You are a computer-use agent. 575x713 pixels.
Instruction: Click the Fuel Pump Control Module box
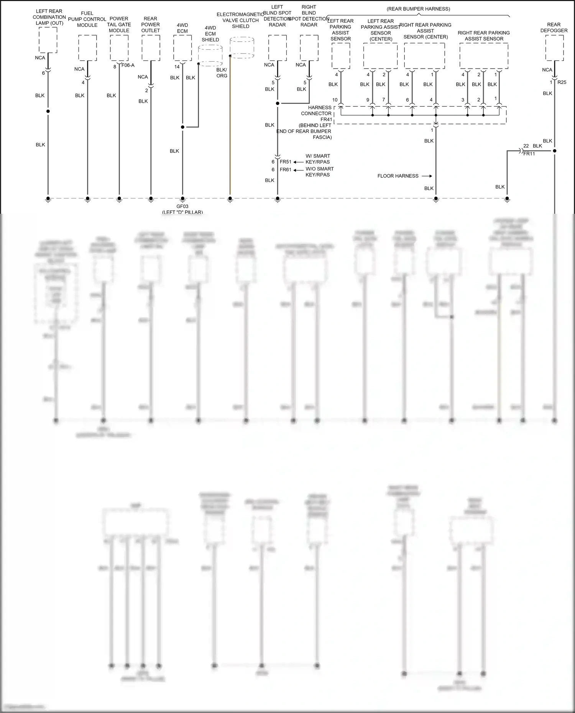click(x=87, y=48)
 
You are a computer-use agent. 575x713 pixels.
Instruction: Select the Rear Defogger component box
click(x=554, y=48)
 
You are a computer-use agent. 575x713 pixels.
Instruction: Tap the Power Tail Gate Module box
click(x=119, y=48)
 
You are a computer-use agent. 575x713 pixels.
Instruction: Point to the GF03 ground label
click(x=182, y=207)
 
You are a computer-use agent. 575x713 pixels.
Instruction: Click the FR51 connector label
click(x=286, y=162)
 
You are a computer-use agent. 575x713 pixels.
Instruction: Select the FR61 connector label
click(x=286, y=170)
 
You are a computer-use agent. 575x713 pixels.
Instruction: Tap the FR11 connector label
click(x=529, y=154)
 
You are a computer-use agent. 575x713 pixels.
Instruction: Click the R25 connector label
click(x=562, y=82)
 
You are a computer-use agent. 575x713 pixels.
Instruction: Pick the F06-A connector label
click(x=128, y=66)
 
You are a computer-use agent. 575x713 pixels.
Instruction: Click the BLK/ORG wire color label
click(x=222, y=73)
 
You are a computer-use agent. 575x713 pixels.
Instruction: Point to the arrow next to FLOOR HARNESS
click(x=427, y=176)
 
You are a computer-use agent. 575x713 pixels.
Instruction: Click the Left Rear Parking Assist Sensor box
click(x=341, y=56)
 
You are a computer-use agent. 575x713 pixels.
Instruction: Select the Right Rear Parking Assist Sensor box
click(x=484, y=56)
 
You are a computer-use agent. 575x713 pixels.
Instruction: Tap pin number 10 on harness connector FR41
click(x=335, y=100)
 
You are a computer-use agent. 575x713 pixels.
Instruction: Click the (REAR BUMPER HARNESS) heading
click(x=418, y=9)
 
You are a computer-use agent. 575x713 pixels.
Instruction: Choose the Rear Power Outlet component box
click(x=151, y=48)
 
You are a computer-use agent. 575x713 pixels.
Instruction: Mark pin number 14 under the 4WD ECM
click(x=177, y=67)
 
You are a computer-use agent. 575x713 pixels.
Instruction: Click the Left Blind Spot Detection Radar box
click(x=278, y=48)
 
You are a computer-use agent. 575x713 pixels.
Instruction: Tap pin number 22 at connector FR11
click(x=526, y=146)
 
